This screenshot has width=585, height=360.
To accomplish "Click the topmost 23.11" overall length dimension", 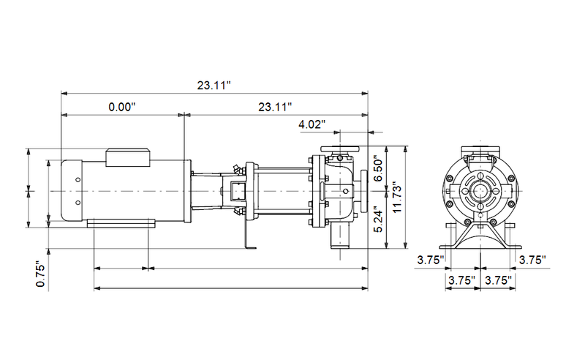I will pos(214,85).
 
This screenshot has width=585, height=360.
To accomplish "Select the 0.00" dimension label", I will pos(122,107).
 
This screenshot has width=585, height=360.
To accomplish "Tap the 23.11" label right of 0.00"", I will pos(275,107).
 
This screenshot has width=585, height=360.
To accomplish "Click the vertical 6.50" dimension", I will pos(378,170).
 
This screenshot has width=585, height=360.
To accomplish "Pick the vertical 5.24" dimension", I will pos(378,220).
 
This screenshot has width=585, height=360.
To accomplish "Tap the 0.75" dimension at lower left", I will pos(41,274).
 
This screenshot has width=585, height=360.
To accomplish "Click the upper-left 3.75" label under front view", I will pos(431,259).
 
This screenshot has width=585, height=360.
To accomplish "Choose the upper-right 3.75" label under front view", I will pos(532,259).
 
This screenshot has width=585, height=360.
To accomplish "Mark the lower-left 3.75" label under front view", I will pos(461,280).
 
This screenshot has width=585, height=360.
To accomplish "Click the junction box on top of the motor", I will pos(129,155).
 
